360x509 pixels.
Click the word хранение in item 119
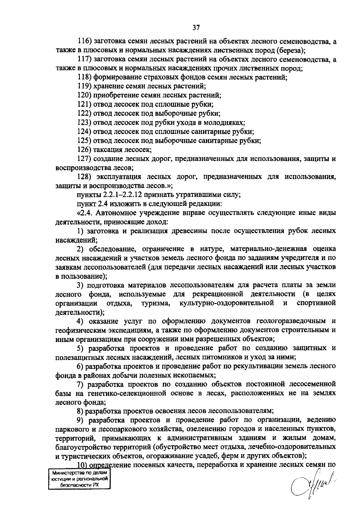(x=106, y=87)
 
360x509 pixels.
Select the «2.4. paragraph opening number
(x=86, y=213)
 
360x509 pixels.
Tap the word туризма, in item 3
(x=156, y=303)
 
